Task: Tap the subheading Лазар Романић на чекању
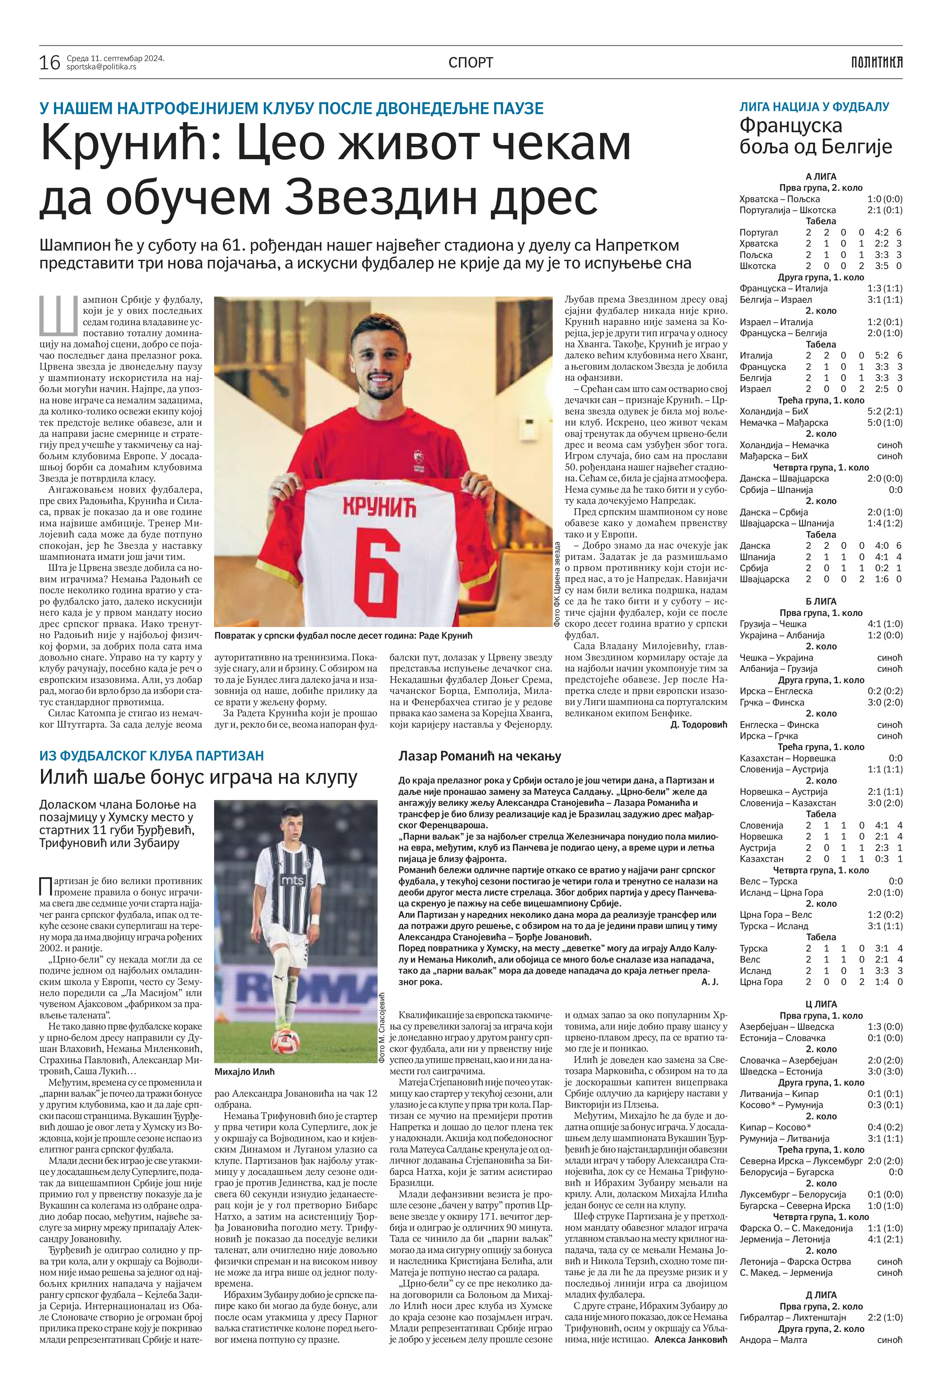[x=479, y=756]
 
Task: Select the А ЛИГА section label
[x=821, y=176]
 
